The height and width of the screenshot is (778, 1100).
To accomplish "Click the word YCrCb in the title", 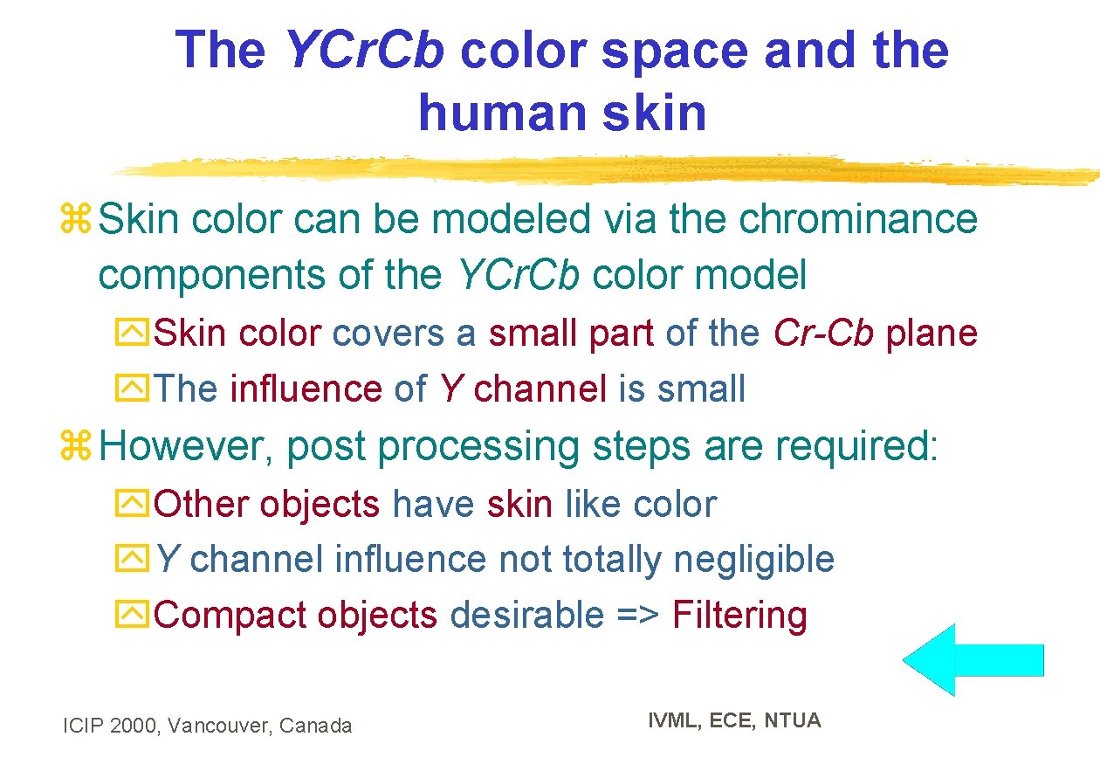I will [x=364, y=50].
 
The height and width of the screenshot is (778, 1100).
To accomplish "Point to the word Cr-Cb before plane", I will [x=823, y=333].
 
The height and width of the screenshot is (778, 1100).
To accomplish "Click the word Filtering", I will [x=739, y=616].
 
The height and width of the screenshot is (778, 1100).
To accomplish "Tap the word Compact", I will [x=230, y=616].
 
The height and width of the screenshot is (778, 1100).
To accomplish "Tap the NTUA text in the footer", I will [x=793, y=720].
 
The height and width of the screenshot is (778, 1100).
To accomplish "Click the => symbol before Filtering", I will [x=636, y=616].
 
